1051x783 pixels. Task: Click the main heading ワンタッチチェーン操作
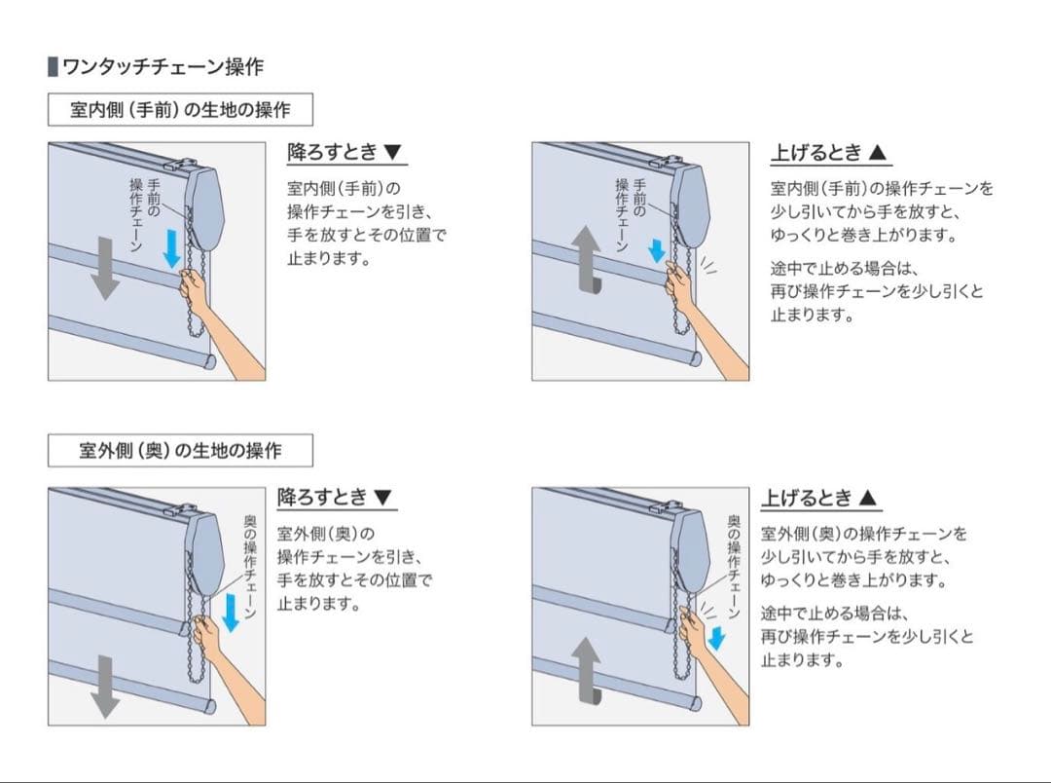pyautogui.click(x=163, y=66)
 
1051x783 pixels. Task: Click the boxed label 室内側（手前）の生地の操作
pyautogui.click(x=180, y=109)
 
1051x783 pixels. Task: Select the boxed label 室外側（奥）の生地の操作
pyautogui.click(x=180, y=450)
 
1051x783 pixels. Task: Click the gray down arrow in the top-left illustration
pyautogui.click(x=104, y=267)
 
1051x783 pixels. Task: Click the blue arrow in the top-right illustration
pyautogui.click(x=657, y=249)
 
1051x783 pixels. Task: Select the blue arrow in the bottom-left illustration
pyautogui.click(x=231, y=612)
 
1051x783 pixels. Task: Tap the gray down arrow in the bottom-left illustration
pyautogui.click(x=104, y=687)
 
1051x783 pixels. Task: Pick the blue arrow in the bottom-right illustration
pyautogui.click(x=716, y=637)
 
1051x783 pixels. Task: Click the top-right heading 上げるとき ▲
pyautogui.click(x=829, y=152)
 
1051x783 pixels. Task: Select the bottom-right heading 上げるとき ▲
pyautogui.click(x=819, y=498)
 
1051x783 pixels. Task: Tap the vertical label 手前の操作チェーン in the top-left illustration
pyautogui.click(x=145, y=214)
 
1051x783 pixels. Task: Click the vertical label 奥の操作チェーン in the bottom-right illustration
pyautogui.click(x=734, y=566)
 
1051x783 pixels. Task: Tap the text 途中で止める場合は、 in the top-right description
pyautogui.click(x=844, y=269)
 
